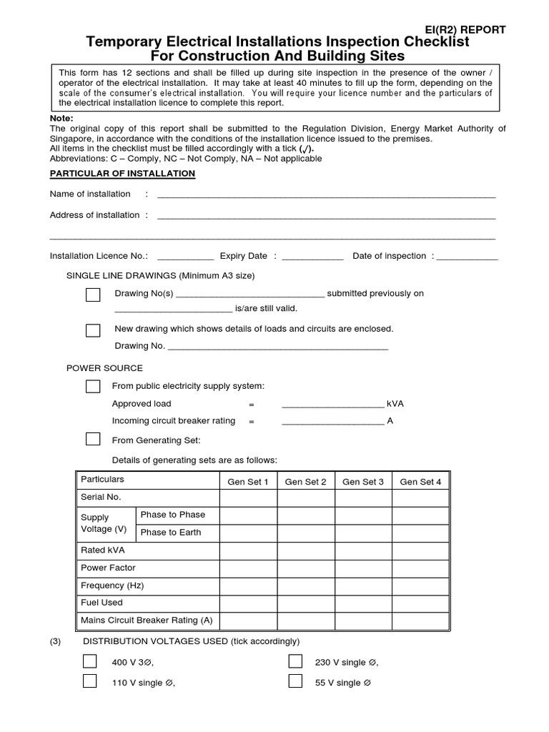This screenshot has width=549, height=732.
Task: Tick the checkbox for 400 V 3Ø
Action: coord(90,661)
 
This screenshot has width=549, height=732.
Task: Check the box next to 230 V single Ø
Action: coord(295,661)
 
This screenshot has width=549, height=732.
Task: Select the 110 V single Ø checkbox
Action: coord(90,681)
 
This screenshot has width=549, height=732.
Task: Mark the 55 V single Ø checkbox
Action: coord(295,681)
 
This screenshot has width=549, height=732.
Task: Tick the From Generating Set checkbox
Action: coord(93,439)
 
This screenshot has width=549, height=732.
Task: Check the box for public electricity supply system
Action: coord(93,386)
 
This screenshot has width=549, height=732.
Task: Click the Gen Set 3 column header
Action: coord(363,482)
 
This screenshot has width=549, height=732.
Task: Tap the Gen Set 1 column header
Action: coord(248,482)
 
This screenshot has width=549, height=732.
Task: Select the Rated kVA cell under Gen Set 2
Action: coord(305,550)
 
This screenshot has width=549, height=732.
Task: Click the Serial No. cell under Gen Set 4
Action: coord(420,498)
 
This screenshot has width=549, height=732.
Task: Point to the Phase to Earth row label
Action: coord(171,533)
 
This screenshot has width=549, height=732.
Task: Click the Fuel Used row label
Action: coord(102,603)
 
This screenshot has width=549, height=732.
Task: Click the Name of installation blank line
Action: coord(326,195)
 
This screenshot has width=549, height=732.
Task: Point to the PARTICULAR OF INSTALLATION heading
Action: coord(122,174)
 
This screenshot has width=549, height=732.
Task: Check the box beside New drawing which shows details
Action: coord(93,330)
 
